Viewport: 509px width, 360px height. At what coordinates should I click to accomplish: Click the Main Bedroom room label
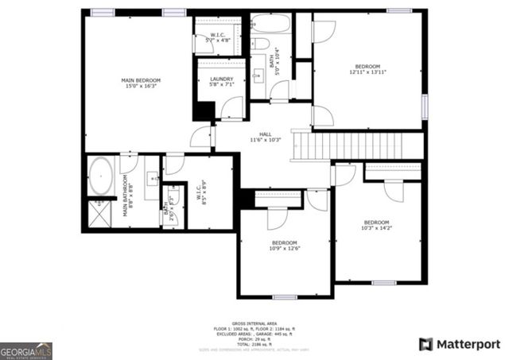[141, 80]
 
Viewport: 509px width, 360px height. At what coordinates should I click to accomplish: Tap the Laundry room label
[222, 79]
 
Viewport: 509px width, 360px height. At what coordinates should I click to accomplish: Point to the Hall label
[266, 134]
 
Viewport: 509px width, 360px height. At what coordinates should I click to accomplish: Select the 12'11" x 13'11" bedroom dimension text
[367, 72]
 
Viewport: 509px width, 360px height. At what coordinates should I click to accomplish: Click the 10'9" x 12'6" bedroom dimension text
[284, 249]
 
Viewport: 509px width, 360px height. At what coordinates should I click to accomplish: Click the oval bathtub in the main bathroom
[100, 176]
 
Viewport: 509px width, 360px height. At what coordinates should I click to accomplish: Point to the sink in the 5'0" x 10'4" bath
[259, 75]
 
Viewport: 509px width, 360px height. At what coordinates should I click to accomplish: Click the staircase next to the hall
[359, 145]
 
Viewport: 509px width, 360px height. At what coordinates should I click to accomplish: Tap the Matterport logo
[459, 343]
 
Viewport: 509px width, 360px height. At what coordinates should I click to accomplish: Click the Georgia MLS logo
[26, 350]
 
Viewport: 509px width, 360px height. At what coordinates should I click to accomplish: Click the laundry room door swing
[231, 108]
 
